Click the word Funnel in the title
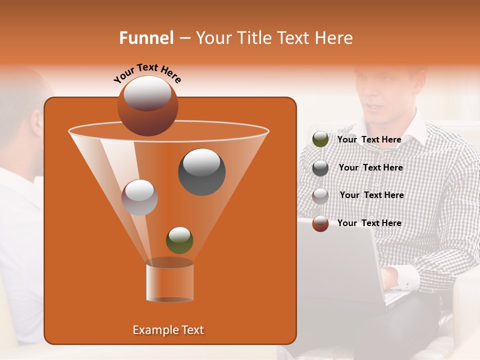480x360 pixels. (x=146, y=38)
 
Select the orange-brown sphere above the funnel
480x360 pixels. (x=147, y=105)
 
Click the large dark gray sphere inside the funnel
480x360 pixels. (x=201, y=172)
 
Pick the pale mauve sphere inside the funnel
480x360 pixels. (x=139, y=197)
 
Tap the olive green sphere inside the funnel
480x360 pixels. (x=179, y=240)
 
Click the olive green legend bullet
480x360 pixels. (x=320, y=139)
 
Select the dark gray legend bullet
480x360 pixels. (x=320, y=168)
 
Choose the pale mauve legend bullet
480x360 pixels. (x=320, y=195)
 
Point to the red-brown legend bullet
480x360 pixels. (x=320, y=223)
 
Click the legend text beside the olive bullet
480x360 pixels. (x=369, y=139)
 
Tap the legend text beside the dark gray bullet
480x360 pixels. (x=370, y=167)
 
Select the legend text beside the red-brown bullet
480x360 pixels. (x=369, y=223)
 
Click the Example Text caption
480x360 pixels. (x=168, y=330)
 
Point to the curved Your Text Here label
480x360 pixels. (x=147, y=73)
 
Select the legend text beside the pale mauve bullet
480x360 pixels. (x=371, y=195)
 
